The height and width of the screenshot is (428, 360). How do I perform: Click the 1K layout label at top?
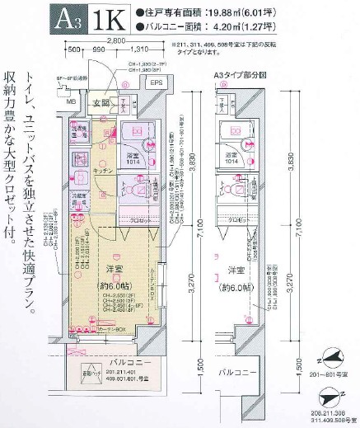pos(110,17)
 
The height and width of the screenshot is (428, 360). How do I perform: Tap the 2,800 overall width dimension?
pos(115,40)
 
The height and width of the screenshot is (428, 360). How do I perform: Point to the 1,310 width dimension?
pos(133,49)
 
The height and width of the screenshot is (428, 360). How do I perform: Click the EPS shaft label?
pos(155,84)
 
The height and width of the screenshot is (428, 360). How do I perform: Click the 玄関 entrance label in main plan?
pos(101,103)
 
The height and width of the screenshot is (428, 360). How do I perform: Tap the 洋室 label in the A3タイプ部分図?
pos(237,270)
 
